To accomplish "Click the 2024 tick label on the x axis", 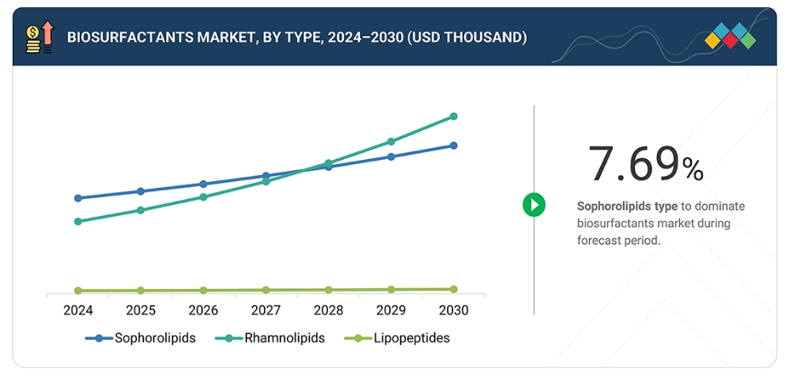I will click(78, 311).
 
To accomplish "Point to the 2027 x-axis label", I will click(266, 311).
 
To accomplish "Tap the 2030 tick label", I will click(453, 311).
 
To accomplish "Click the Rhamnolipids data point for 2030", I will click(453, 116).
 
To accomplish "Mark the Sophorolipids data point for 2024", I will click(78, 198).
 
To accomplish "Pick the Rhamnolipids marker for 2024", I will click(78, 222).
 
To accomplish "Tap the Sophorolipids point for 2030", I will click(453, 146).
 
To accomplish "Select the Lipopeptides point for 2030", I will click(453, 290).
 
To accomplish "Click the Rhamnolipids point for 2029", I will click(391, 142).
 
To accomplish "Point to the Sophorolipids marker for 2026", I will click(203, 184).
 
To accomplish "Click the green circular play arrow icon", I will click(534, 205).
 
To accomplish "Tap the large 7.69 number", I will click(633, 165).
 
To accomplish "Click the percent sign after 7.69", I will click(692, 169).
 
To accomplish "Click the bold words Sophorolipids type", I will click(627, 206).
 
